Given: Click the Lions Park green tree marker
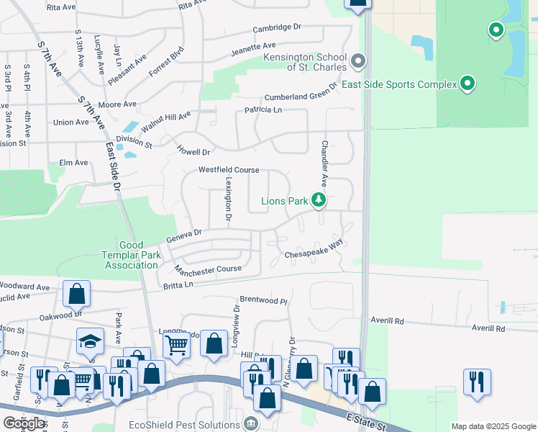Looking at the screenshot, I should [319, 201].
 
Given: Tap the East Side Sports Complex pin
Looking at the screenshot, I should [468, 84].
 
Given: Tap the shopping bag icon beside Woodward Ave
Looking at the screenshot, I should [76, 294].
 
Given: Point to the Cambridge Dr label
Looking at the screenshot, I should [276, 28].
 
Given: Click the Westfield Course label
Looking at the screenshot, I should [229, 170].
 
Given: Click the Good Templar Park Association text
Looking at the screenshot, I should [140, 255].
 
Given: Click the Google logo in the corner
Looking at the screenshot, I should [24, 423].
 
